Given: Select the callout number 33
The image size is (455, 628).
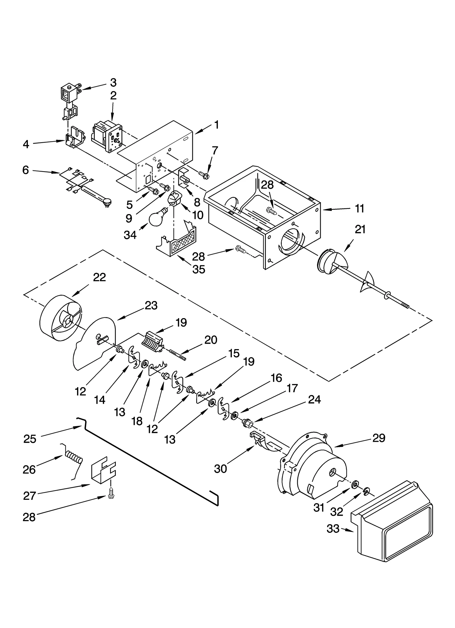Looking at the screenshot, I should pos(333,529).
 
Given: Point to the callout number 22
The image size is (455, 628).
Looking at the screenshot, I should pos(99,277).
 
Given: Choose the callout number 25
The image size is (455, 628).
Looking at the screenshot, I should pos(30,439).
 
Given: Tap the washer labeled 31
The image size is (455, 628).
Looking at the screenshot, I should pos(355,484).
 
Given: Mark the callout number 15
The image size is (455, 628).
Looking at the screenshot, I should pos(233,353).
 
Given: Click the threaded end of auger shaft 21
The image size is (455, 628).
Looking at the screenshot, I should pos(405,306).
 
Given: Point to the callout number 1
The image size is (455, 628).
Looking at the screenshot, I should pos(217,125).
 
